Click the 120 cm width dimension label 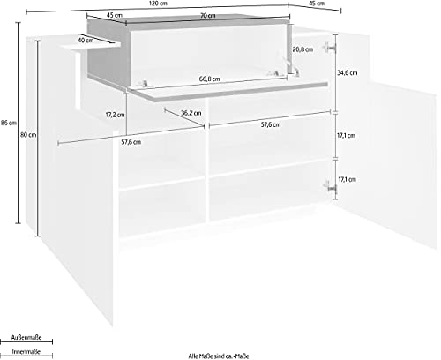(158, 4)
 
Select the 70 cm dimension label (208, 16)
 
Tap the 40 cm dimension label (86, 40)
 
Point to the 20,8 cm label (303, 49)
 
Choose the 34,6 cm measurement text (348, 72)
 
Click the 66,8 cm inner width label (210, 79)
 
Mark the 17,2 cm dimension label (115, 115)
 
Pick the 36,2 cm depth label (191, 113)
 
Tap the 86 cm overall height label (9, 123)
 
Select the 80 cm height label (28, 135)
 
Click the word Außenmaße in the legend (26, 337)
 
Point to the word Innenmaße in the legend (26, 352)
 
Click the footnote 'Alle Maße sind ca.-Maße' (219, 356)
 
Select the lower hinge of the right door (330, 187)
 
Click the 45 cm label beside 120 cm (318, 4)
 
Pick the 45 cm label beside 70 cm (115, 15)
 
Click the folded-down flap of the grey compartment (229, 90)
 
